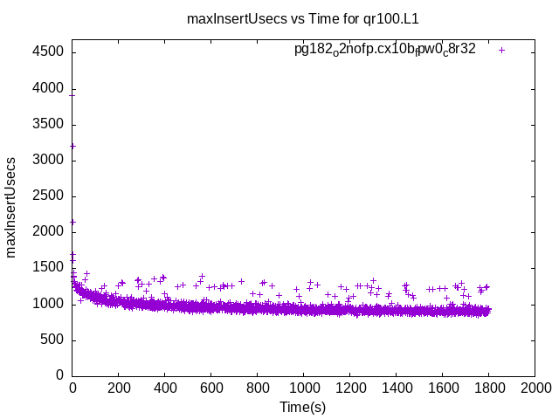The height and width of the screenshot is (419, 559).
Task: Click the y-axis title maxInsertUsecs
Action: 11,207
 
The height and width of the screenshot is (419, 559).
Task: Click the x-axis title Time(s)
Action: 302,407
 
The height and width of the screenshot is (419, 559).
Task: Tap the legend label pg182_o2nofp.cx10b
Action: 384,50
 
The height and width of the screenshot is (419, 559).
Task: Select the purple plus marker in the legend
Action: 501,50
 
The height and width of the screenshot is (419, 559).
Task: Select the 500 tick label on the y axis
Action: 51,340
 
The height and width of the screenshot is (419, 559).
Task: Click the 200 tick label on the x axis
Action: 119,389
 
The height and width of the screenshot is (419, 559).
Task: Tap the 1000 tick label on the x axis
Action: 303,389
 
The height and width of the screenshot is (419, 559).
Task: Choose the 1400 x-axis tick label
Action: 396,389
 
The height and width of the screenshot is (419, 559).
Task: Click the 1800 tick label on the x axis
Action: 488,389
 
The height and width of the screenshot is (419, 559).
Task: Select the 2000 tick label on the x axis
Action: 534,389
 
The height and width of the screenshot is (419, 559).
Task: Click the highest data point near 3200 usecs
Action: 72,146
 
